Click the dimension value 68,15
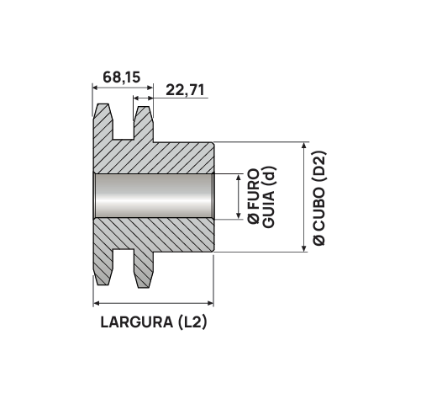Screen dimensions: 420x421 coord(121,77)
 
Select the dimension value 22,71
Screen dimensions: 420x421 coord(186,89)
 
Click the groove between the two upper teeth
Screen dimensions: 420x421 coord(123,126)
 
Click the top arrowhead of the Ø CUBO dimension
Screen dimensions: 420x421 coord(302,146)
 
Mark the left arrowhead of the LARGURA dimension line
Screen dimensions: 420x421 coord(94,304)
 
